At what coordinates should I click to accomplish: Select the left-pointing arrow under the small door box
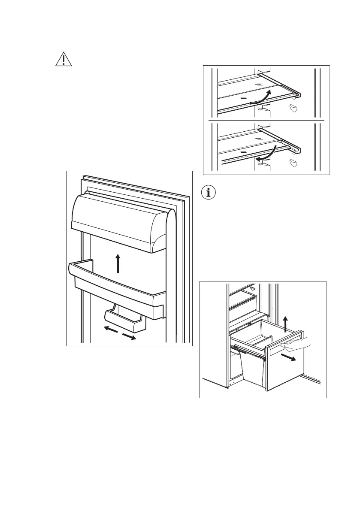pyautogui.click(x=111, y=329)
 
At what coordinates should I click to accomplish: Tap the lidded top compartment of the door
pyautogui.click(x=118, y=221)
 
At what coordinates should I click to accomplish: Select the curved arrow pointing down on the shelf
pyautogui.click(x=266, y=154)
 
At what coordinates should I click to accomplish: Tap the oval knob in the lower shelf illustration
pyautogui.click(x=294, y=162)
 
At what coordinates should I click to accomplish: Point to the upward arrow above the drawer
pyautogui.click(x=286, y=322)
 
